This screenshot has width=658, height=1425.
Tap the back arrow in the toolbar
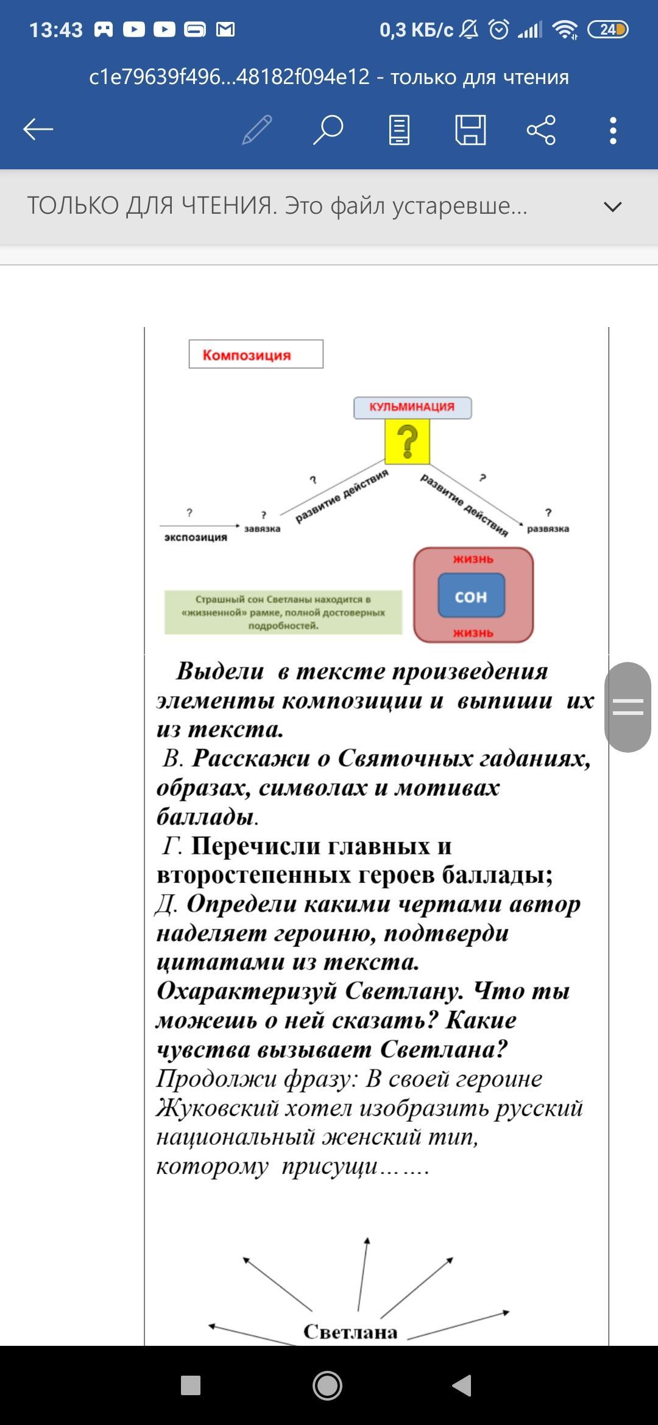(38, 129)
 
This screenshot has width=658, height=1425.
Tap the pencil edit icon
(256, 129)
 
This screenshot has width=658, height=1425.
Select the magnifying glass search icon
(328, 129)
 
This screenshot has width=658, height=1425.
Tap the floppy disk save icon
(470, 129)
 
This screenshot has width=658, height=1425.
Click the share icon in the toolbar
(541, 129)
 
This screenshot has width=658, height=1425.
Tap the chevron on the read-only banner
(612, 207)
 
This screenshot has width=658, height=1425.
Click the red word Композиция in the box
(247, 355)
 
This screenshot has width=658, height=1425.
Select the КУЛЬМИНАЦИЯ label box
(412, 407)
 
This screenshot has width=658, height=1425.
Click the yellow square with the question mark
(407, 442)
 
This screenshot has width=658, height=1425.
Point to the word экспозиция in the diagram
(196, 537)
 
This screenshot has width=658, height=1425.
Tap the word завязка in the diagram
(262, 529)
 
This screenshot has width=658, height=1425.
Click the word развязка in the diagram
(548, 529)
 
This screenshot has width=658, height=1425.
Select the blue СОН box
(471, 596)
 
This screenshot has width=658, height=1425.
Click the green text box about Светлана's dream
(283, 612)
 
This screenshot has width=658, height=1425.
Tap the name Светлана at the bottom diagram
(350, 1332)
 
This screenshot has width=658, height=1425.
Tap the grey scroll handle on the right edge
(628, 707)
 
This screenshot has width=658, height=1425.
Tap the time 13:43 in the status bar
(55, 30)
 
